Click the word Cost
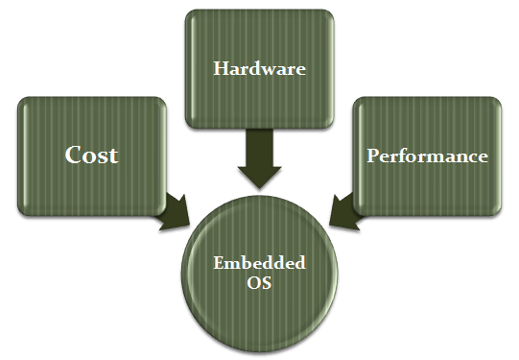click(x=91, y=155)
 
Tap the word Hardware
click(x=259, y=68)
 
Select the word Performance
click(x=427, y=156)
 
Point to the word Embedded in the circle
click(x=259, y=263)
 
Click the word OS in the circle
click(x=259, y=282)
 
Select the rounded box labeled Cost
click(x=92, y=156)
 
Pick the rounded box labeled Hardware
click(x=259, y=69)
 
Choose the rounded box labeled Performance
click(x=427, y=156)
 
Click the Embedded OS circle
click(x=259, y=274)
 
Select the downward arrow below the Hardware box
click(x=259, y=159)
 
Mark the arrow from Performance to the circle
click(x=344, y=212)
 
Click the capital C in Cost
click(x=73, y=155)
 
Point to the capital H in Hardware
click(x=221, y=68)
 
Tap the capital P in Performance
click(x=373, y=155)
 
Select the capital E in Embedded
click(x=220, y=263)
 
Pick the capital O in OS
click(x=254, y=283)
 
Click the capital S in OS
click(x=267, y=283)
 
